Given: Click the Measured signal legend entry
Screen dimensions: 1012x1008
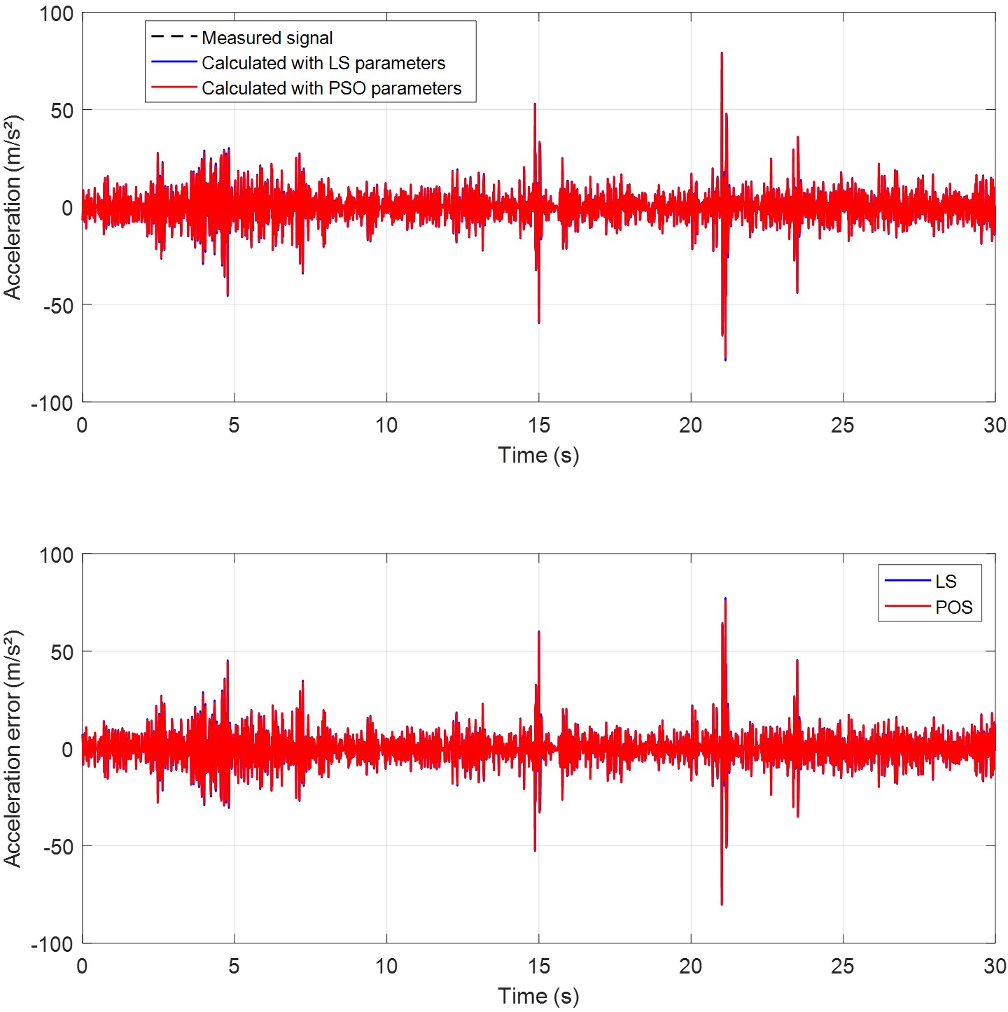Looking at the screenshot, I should point(267,38).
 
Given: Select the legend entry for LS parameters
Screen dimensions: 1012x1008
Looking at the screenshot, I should point(323,63).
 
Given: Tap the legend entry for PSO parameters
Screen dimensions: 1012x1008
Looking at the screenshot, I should point(331,88).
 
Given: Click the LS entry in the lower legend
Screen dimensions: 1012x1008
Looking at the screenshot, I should point(945,581).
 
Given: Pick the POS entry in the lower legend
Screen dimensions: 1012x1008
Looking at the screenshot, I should point(953,607).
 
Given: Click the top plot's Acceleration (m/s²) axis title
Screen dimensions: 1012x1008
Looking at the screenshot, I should point(13,207).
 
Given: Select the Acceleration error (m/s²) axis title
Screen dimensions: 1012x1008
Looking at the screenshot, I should point(13,748).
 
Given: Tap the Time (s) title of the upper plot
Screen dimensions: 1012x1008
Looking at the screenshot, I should point(538,455).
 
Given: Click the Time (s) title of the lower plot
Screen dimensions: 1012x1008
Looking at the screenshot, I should point(538,996).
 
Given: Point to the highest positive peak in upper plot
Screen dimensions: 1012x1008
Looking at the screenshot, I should point(722,53).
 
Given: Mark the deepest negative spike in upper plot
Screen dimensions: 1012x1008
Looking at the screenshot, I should point(725,360).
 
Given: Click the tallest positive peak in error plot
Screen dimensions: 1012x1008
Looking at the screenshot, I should point(725,599).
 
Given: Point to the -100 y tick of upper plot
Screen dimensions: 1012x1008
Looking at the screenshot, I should point(52,403).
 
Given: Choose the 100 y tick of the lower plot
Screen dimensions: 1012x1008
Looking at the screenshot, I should point(56,555).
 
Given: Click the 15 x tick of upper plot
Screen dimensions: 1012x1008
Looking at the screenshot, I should point(538,425).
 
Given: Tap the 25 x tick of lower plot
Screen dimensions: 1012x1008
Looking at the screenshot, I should point(843,967).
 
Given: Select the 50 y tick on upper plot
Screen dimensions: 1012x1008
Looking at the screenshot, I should point(62,111).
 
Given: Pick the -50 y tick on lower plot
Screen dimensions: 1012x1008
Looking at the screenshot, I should point(57,847).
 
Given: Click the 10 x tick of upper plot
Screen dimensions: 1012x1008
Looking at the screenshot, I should point(386,425).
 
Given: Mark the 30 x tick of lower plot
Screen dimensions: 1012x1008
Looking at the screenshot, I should point(995,967).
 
